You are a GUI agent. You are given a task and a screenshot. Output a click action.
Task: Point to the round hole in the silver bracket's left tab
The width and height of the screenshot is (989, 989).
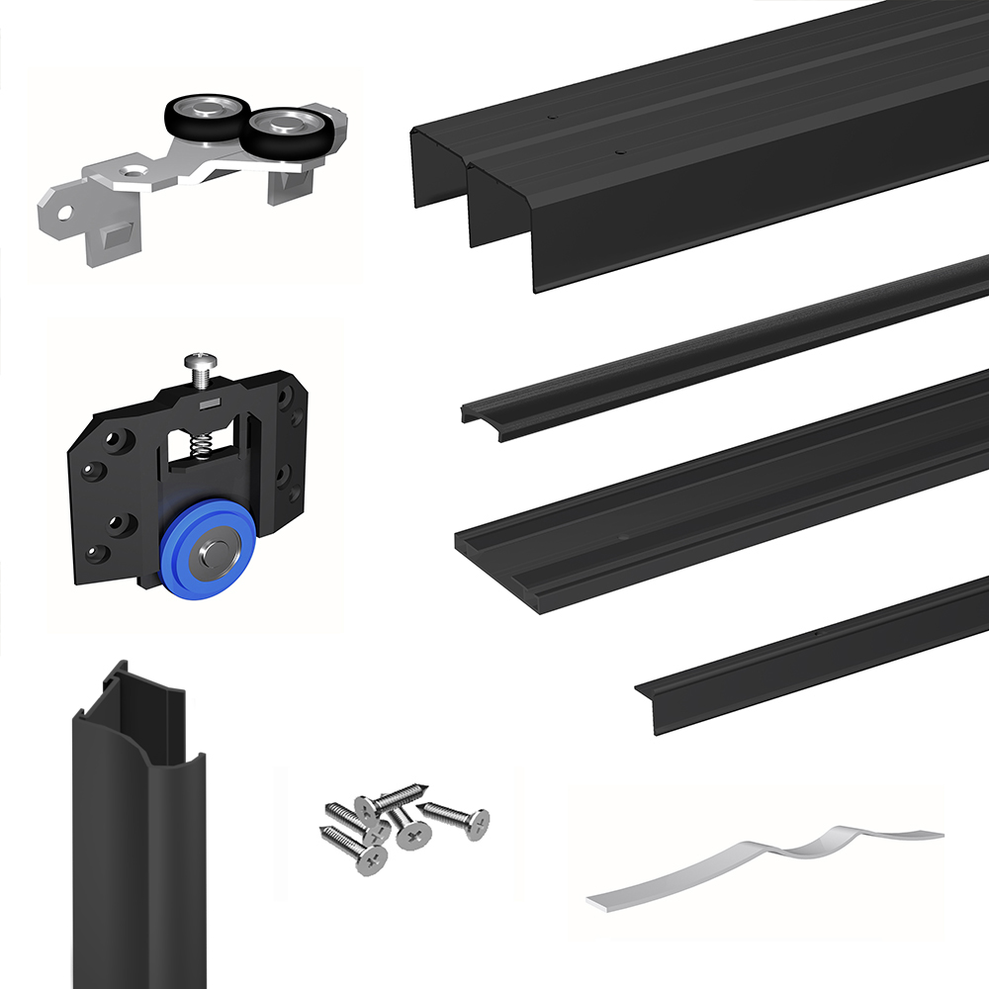point(64,212)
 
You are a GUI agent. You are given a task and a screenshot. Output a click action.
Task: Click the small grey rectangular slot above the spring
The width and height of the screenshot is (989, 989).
point(208,405)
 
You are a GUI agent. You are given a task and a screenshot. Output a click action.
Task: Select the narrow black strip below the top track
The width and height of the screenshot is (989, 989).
point(722,346)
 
